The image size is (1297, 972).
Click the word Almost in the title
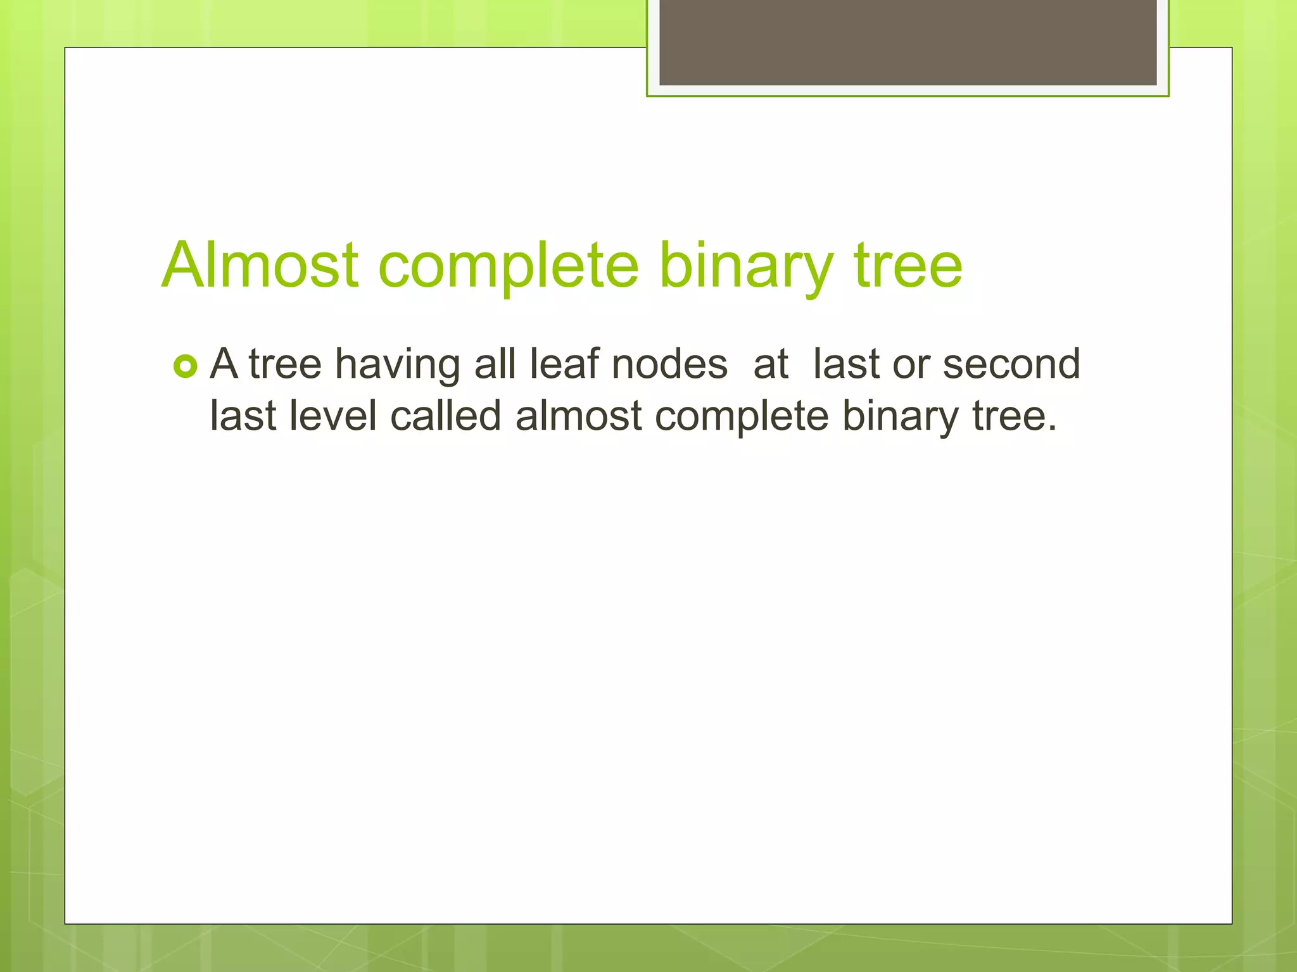point(260,266)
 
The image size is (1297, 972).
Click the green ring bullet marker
point(185,366)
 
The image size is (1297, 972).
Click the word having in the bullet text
point(397,365)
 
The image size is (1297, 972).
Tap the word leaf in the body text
point(564,365)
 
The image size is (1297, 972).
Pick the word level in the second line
point(333,417)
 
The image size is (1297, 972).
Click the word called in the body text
point(446,417)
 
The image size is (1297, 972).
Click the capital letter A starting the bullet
point(224,365)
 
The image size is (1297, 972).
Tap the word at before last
point(770,365)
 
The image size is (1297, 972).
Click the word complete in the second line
point(741,417)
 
